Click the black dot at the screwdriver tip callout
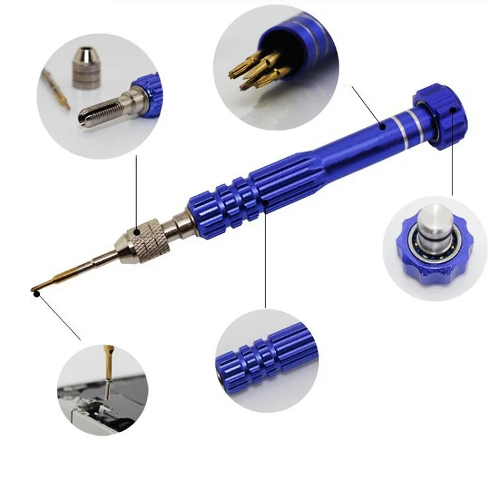click(37, 293)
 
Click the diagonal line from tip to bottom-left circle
click(59, 317)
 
